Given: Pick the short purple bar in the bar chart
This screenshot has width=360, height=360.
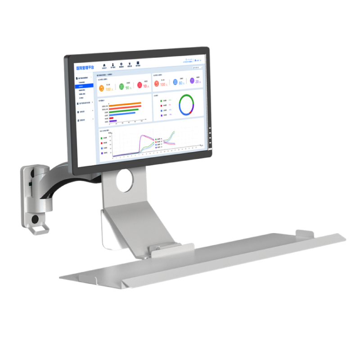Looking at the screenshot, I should pos(113,121).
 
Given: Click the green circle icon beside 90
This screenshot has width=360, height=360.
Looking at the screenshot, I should pos(121,86).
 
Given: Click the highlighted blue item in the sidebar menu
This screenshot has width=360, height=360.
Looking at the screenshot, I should pos(85,85).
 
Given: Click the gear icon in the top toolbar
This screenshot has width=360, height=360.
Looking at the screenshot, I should pos(121,64).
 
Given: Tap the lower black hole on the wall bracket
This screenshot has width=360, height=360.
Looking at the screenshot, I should pos(35,219).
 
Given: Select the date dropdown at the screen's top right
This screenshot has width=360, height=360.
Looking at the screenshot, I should pos(198,67).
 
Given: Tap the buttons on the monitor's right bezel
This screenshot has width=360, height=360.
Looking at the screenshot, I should pos(210,135).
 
